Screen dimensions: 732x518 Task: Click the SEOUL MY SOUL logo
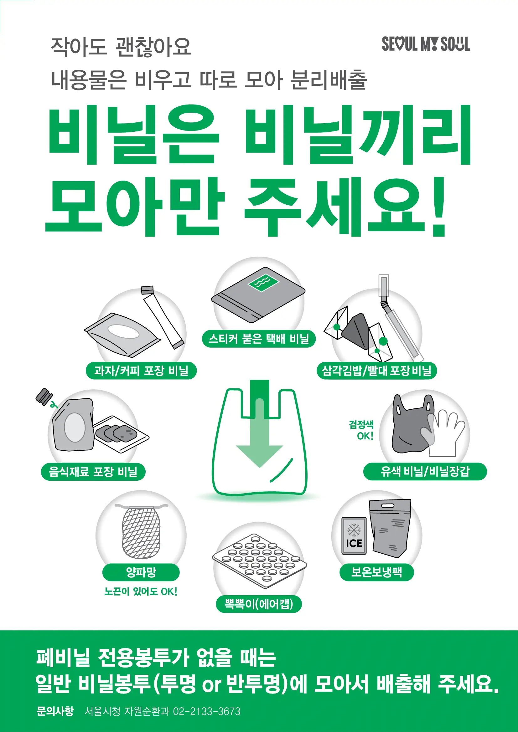click(426, 44)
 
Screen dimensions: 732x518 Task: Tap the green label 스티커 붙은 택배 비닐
click(258, 339)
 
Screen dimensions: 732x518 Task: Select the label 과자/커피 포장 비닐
click(141, 371)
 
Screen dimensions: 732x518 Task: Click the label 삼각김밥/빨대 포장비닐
click(376, 371)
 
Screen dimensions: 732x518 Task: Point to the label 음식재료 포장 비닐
click(93, 472)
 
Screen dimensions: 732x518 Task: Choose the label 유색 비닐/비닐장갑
click(425, 472)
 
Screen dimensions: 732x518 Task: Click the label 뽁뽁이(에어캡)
click(258, 604)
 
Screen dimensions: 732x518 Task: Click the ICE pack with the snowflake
click(354, 536)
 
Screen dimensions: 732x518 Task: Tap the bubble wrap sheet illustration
click(259, 561)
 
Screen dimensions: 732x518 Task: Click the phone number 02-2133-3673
click(206, 711)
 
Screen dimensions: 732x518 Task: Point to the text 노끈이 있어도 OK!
click(141, 591)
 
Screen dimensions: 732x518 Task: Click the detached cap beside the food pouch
click(44, 397)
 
